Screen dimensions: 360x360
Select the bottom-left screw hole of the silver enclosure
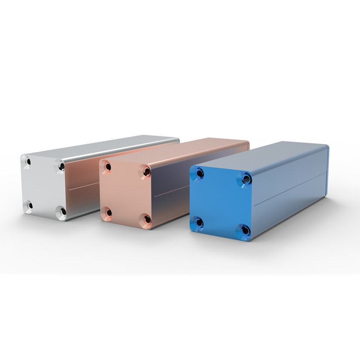coord(29,206)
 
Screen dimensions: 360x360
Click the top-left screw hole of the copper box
coord(108,167)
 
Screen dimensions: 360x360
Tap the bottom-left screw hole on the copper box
coord(108,211)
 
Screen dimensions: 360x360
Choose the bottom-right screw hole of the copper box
coord(147,219)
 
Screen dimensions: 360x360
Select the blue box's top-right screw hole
coord(246,179)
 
